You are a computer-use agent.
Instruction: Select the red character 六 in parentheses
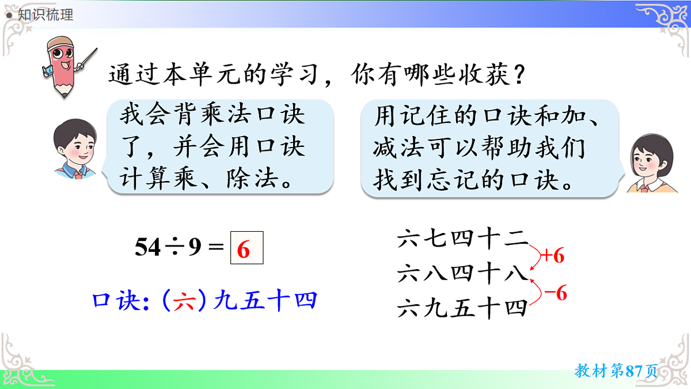point(184,301)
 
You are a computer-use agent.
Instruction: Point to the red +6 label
point(551,256)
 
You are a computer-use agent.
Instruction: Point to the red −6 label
point(556,293)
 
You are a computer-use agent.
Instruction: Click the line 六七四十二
point(462,239)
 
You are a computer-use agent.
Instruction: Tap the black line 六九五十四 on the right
point(462,309)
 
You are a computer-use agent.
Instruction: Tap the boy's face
point(74,146)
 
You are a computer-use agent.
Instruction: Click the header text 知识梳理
point(45,15)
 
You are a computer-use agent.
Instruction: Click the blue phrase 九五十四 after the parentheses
point(265,301)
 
